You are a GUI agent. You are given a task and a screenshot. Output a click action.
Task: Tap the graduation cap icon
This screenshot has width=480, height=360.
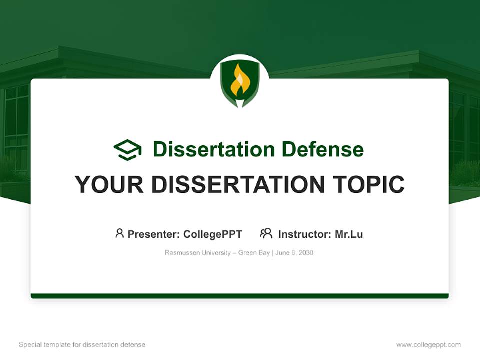coord(127,149)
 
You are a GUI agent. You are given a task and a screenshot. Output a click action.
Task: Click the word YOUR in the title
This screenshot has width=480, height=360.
coord(109,185)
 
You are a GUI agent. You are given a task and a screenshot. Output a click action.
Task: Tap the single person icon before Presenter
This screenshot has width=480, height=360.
coord(119,233)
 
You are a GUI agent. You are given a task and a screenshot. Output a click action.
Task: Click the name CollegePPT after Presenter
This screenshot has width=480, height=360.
coord(212,234)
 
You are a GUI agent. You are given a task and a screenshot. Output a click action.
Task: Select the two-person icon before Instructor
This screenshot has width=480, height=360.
coord(266,233)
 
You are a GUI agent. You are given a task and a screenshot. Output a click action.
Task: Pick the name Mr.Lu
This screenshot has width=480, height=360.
coord(349,234)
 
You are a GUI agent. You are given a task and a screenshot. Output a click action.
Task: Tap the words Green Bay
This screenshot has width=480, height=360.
coord(254,253)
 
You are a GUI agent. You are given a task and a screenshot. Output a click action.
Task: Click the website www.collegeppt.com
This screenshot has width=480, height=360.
coord(428,345)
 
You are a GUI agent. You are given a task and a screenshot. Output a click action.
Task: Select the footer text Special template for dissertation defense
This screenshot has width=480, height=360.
coord(82,345)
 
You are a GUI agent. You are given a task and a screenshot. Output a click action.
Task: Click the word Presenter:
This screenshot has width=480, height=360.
coord(154,234)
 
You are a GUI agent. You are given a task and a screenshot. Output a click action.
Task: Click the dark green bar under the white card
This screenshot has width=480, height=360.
coord(240,296)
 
